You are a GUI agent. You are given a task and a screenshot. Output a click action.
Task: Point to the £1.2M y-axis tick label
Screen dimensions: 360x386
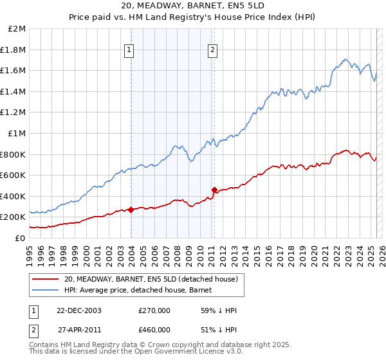(14, 113)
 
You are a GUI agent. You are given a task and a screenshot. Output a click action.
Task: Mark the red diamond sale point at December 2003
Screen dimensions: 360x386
(131, 210)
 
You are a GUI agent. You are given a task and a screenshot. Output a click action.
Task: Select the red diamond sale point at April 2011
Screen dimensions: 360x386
(214, 190)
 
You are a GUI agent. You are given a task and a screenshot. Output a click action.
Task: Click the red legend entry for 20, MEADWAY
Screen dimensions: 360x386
(151, 279)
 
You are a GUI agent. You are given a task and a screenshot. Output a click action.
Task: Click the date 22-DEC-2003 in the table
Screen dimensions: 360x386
(79, 310)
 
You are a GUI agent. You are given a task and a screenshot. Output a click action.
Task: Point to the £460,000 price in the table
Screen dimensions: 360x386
(154, 329)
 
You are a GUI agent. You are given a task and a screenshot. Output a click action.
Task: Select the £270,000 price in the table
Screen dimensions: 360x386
(154, 310)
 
